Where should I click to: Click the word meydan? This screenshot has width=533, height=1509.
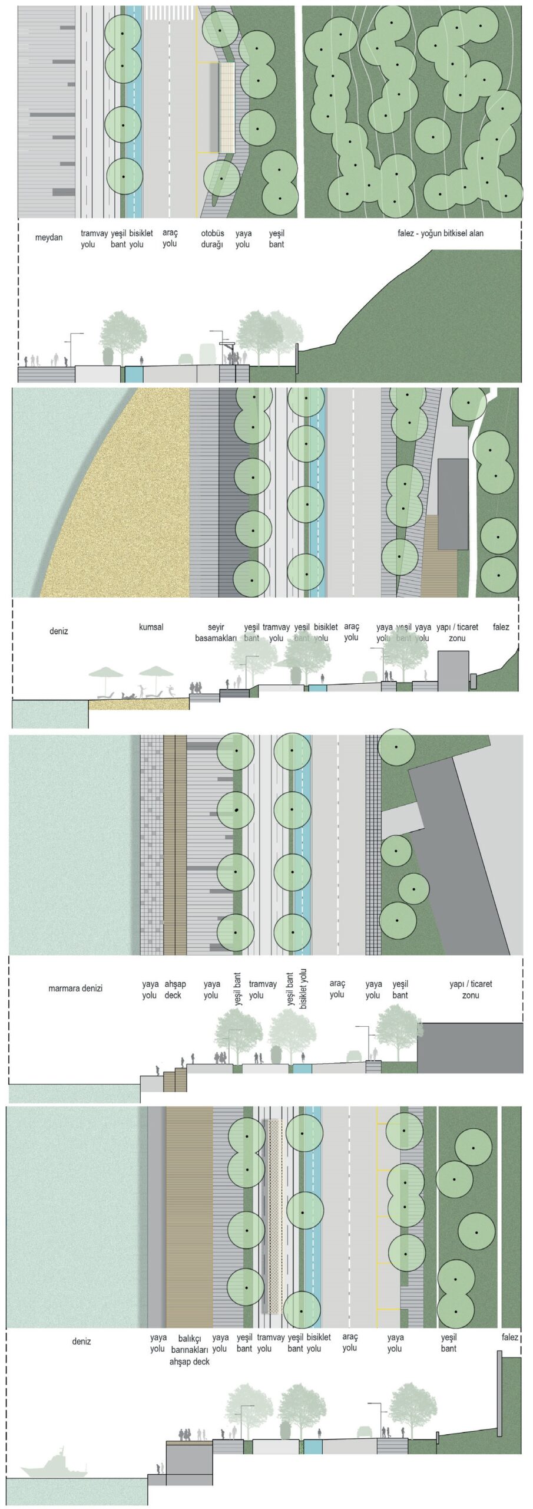[48, 238]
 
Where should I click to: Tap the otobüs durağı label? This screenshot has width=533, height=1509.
[212, 239]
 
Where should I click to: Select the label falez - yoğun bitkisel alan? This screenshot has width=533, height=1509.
[440, 233]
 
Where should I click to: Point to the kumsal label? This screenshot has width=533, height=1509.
[151, 627]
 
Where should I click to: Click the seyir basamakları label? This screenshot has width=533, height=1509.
[216, 632]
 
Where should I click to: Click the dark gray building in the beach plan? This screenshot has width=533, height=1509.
[452, 504]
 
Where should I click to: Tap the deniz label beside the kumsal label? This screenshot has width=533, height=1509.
[58, 631]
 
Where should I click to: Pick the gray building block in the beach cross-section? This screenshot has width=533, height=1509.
[453, 670]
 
